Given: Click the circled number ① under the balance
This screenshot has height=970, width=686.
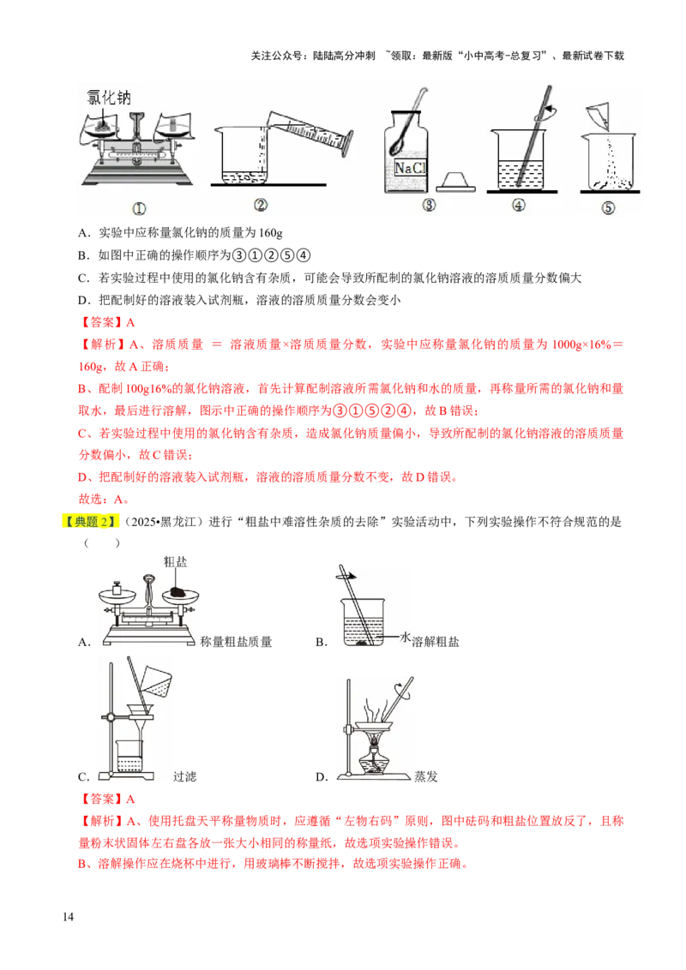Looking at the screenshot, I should (138, 207).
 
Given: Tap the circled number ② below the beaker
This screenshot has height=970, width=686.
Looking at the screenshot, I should (262, 205).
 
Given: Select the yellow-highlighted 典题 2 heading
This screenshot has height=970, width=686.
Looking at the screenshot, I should (89, 521).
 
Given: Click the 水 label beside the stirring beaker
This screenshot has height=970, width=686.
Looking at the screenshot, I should (406, 637).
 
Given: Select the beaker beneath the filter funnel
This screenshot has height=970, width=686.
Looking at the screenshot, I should (129, 753).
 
